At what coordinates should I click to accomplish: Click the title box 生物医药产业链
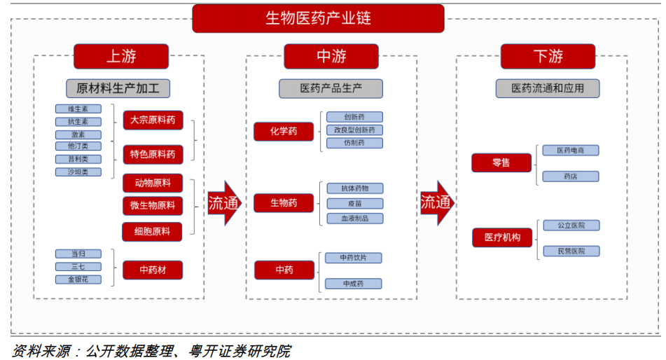(318, 18)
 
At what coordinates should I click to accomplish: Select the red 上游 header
(121, 56)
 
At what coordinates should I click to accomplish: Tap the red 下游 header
(548, 56)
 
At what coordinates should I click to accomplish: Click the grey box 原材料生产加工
(118, 88)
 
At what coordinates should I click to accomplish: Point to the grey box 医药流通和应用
(547, 88)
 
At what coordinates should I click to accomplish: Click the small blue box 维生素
(78, 109)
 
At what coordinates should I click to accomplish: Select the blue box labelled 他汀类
(78, 146)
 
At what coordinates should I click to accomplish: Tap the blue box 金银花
(78, 279)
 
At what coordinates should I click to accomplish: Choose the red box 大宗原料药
(153, 120)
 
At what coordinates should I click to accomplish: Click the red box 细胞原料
(153, 231)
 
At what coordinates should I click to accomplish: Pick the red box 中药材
(153, 270)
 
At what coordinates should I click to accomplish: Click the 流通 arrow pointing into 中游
(223, 203)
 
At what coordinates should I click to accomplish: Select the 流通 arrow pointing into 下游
(436, 203)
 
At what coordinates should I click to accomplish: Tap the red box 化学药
(284, 131)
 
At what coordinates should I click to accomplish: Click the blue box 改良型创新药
(354, 130)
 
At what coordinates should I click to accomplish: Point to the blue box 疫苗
(354, 203)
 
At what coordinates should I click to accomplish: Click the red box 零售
(501, 162)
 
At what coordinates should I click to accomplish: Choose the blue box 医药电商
(571, 150)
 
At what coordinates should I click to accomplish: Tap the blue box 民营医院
(571, 251)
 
